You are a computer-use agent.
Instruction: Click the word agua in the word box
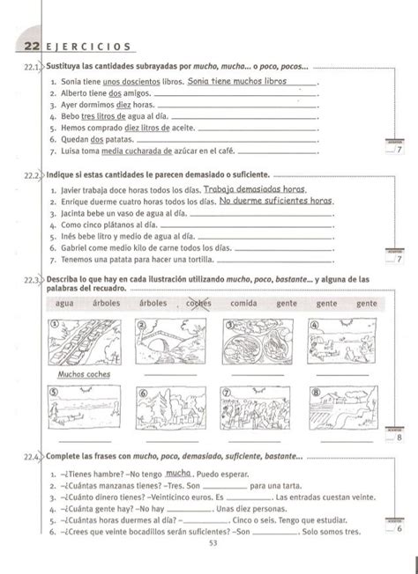coord(64,303)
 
